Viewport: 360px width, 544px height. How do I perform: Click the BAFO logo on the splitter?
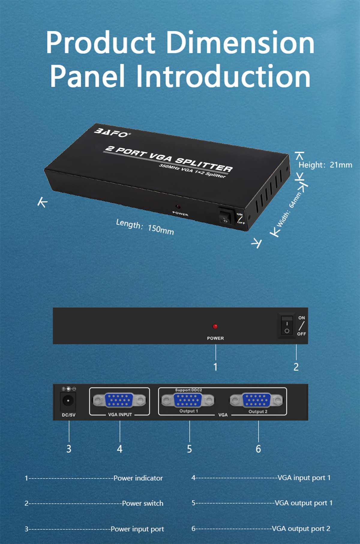pyautogui.click(x=112, y=133)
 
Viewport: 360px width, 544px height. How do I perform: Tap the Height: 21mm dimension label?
pyautogui.click(x=325, y=165)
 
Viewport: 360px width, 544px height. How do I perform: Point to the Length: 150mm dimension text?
pyautogui.click(x=145, y=227)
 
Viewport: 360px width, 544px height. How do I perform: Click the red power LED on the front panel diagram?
pyautogui.click(x=215, y=326)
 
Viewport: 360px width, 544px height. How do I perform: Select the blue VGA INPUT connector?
pyautogui.click(x=119, y=400)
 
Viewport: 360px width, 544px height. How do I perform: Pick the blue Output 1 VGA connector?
pyautogui.click(x=188, y=400)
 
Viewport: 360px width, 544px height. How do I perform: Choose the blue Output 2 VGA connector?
pyautogui.click(x=256, y=400)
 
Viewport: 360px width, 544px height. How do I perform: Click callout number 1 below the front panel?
pyautogui.click(x=215, y=367)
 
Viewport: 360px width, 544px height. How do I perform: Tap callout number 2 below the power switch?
pyautogui.click(x=296, y=367)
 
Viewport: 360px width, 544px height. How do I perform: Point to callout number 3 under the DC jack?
pyautogui.click(x=69, y=449)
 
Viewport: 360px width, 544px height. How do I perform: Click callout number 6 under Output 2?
pyautogui.click(x=258, y=449)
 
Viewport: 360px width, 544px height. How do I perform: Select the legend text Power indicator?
pyautogui.click(x=138, y=478)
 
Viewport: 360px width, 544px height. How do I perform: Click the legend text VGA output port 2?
pyautogui.click(x=301, y=529)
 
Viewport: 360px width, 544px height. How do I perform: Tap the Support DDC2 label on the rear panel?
pyautogui.click(x=188, y=390)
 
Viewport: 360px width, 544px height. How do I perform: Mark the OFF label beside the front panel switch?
pyautogui.click(x=301, y=334)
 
